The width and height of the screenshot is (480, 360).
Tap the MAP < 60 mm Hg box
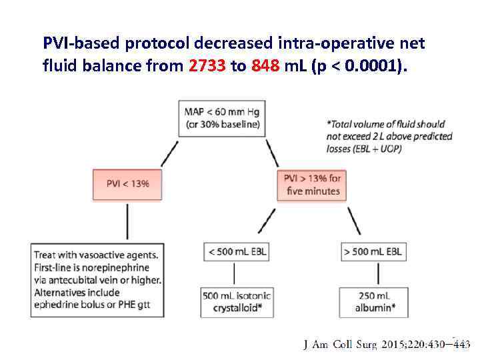(222, 117)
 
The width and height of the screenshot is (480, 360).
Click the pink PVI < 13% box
(127, 183)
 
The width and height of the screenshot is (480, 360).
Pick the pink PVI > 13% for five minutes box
(312, 184)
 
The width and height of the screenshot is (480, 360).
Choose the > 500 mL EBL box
(373, 251)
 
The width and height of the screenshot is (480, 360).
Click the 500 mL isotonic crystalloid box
(236, 301)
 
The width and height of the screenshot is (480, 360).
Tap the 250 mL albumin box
(373, 301)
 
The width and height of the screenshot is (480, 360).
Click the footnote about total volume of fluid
(389, 136)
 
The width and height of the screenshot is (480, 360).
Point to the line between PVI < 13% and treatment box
(127, 221)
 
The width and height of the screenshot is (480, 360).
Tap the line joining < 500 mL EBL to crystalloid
(235, 273)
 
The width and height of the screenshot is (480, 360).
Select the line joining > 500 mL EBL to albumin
(378, 273)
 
